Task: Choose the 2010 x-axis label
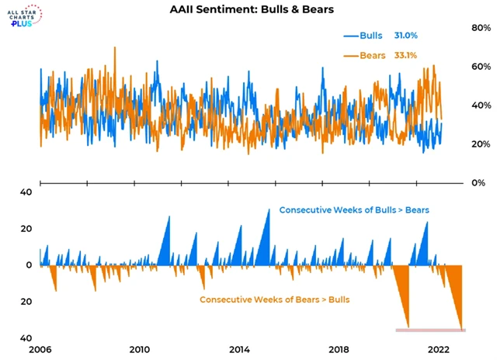tap(140, 348)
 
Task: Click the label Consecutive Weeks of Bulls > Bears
tap(354, 210)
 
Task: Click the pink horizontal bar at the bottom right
tap(430, 331)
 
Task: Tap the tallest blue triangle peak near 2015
tap(269, 211)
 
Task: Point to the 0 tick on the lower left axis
tap(28, 265)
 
